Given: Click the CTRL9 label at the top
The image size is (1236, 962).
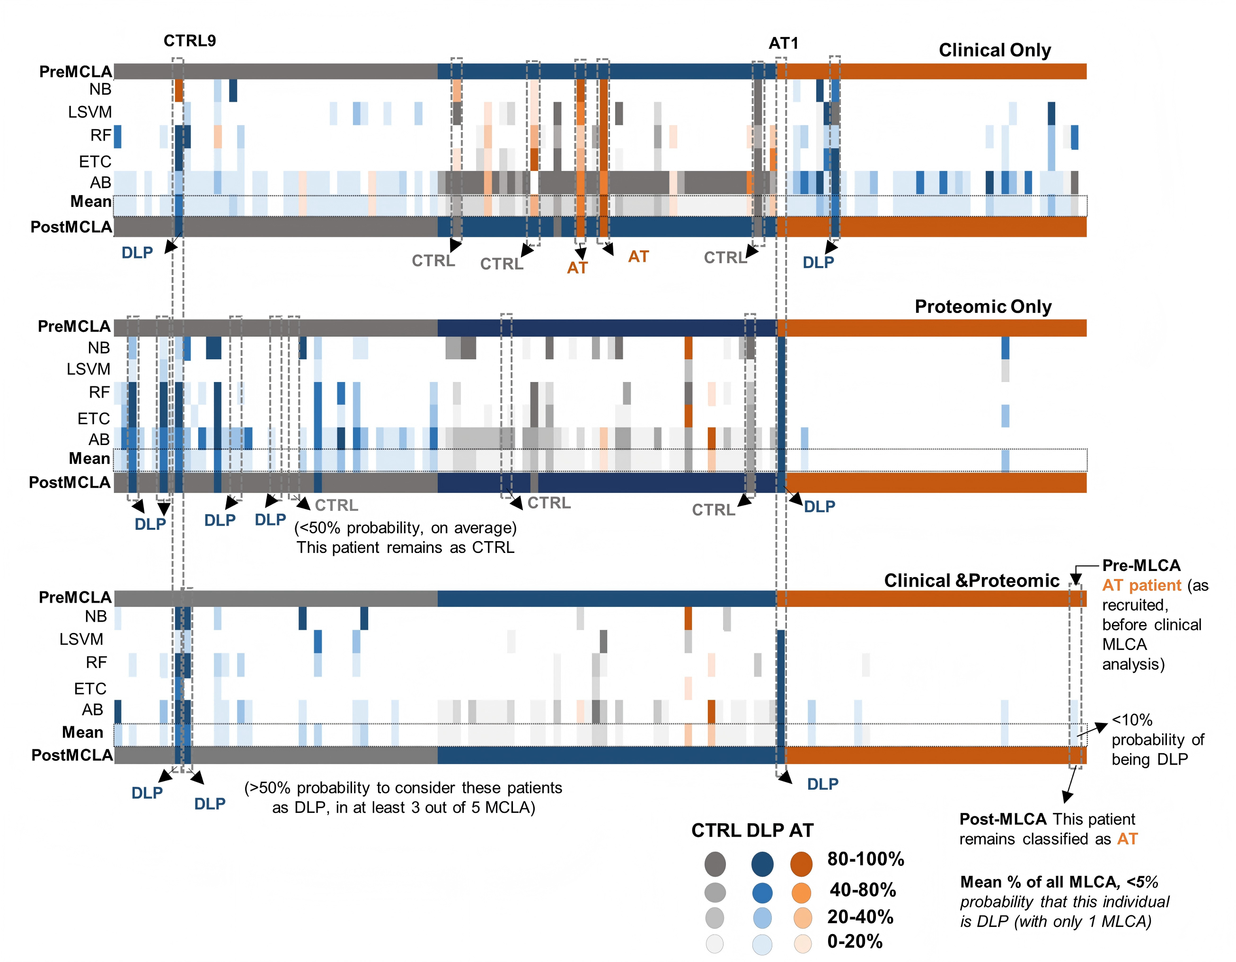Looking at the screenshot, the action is pos(190,41).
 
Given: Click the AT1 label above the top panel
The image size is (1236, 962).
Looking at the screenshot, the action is pos(783,43).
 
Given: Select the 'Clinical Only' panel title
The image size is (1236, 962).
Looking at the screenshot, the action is pos(995,50).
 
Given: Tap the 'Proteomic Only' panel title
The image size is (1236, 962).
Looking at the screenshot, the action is pos(983,306).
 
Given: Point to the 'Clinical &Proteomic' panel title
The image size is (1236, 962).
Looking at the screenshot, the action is pos(971,580).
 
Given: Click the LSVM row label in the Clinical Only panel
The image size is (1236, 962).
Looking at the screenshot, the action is pos(90,112).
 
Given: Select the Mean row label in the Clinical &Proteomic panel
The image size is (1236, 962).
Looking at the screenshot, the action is pos(83,732).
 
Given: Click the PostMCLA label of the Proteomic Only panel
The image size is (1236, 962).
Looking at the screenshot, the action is pos(70,482).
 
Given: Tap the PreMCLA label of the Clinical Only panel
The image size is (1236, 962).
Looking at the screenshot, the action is pos(76,72).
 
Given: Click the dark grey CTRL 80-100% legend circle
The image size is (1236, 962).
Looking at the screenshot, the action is pos(715,864).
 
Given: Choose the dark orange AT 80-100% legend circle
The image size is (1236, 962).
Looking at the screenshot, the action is pos(801,864).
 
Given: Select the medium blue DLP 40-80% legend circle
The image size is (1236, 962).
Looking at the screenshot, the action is pos(762,893).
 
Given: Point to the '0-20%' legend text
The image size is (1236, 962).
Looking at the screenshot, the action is pos(855,942).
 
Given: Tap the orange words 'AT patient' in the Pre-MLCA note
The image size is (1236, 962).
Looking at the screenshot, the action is pos(1141,586).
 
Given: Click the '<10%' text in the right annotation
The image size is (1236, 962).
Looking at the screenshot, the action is pos(1132,720).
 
